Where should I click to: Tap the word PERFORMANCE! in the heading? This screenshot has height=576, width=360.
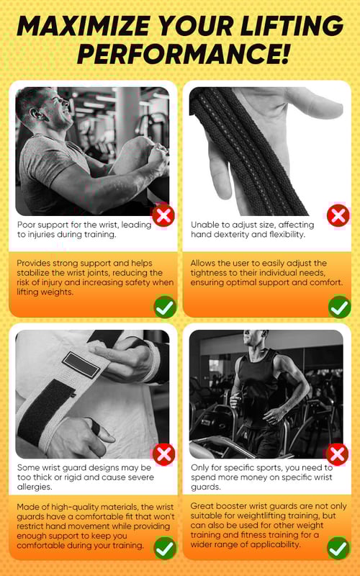183,53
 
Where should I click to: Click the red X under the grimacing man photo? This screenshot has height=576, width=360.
163,215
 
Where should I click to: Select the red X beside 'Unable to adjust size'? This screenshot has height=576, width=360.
338,215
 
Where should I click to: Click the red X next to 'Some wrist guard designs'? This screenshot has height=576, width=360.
164,455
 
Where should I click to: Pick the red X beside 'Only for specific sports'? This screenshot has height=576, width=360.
338,455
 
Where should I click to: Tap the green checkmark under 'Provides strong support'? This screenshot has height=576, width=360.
165,307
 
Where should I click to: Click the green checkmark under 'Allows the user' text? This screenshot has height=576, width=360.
339,307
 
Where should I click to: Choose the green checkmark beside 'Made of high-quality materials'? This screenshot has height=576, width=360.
165,548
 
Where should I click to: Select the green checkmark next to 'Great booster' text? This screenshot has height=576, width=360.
338,548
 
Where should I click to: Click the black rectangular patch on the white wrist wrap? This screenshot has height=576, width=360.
81,364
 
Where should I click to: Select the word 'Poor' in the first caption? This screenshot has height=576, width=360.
26,225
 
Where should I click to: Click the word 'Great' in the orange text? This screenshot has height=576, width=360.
202,506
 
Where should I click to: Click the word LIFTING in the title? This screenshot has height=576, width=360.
290,26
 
